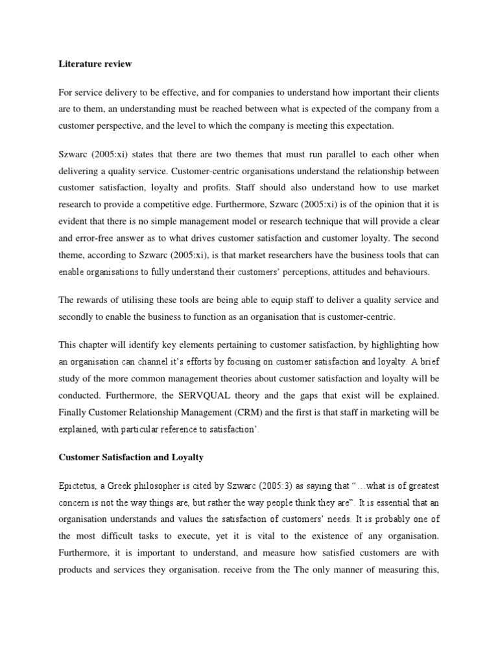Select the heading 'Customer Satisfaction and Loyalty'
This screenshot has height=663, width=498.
tap(131, 457)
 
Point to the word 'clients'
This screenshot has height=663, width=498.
tap(424, 93)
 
